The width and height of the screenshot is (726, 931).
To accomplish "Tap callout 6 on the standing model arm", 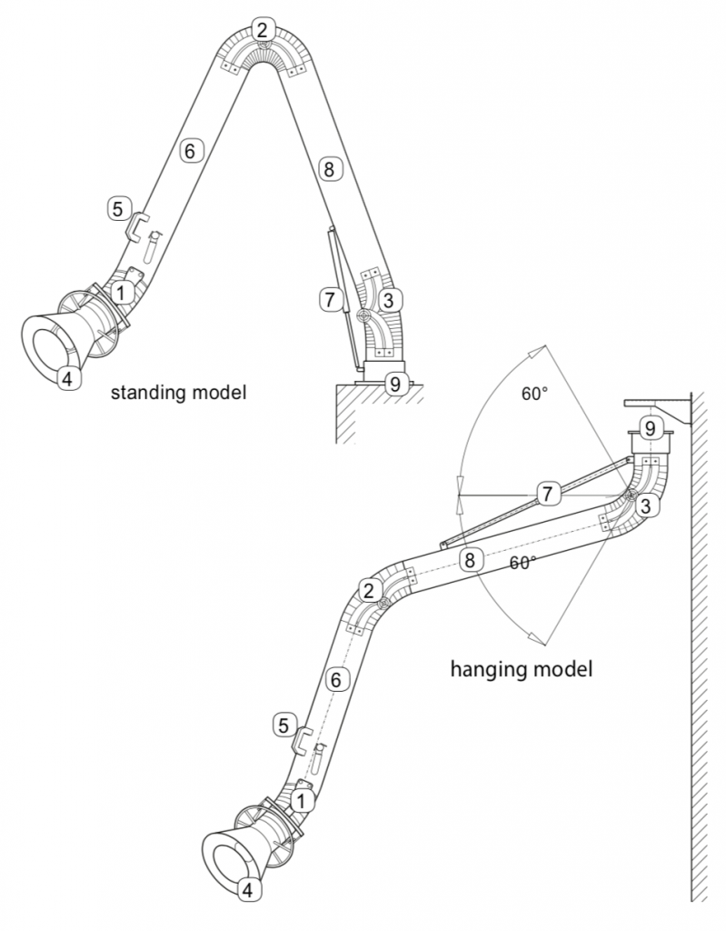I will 189,151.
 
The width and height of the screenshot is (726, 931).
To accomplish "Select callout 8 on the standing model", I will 328,168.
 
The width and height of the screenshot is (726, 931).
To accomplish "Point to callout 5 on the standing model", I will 117,208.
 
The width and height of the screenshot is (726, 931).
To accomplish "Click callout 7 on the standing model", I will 328,297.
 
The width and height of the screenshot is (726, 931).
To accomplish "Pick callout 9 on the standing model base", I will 393,383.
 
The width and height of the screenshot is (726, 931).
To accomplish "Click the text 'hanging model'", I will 521,670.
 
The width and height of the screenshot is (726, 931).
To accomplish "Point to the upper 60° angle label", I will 533,395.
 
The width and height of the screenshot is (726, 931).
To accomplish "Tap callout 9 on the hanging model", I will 648,426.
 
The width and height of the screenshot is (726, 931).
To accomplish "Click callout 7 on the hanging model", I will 546,494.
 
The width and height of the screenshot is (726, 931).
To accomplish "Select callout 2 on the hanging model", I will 368,590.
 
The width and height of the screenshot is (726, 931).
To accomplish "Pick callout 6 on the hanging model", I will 335,678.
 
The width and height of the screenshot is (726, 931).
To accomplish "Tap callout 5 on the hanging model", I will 283,726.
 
